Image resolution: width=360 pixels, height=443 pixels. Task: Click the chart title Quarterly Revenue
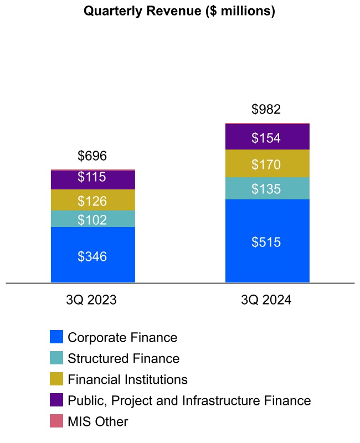coord(179,11)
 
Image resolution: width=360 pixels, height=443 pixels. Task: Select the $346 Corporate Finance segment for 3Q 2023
coord(92,255)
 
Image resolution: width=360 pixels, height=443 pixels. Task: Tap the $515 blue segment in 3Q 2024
coord(267,241)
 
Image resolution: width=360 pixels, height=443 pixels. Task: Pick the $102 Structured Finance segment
coord(92,219)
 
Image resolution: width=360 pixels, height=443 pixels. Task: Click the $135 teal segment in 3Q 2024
coord(267,189)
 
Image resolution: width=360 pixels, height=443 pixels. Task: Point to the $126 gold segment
coord(92,200)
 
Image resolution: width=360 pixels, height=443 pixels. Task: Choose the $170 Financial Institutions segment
coord(267,164)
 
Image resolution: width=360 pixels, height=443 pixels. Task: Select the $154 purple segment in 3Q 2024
coord(267,137)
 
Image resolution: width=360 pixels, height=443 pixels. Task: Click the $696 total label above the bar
coord(92,156)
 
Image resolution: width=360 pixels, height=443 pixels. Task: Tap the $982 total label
coord(266,110)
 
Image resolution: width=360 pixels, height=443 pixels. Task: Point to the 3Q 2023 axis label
coord(91,300)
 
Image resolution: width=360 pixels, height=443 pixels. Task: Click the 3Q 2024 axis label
coord(266,300)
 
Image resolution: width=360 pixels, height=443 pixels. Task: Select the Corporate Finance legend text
coord(122,337)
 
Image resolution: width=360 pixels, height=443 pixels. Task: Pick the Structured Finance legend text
coord(124,358)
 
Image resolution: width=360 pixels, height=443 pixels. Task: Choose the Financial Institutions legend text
coord(127,379)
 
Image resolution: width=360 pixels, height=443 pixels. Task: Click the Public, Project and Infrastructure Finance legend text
coord(189,400)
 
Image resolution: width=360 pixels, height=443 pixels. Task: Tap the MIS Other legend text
coord(97,421)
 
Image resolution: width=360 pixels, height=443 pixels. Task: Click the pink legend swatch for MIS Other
coord(56,421)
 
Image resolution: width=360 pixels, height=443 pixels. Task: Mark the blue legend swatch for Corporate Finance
coord(56,337)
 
